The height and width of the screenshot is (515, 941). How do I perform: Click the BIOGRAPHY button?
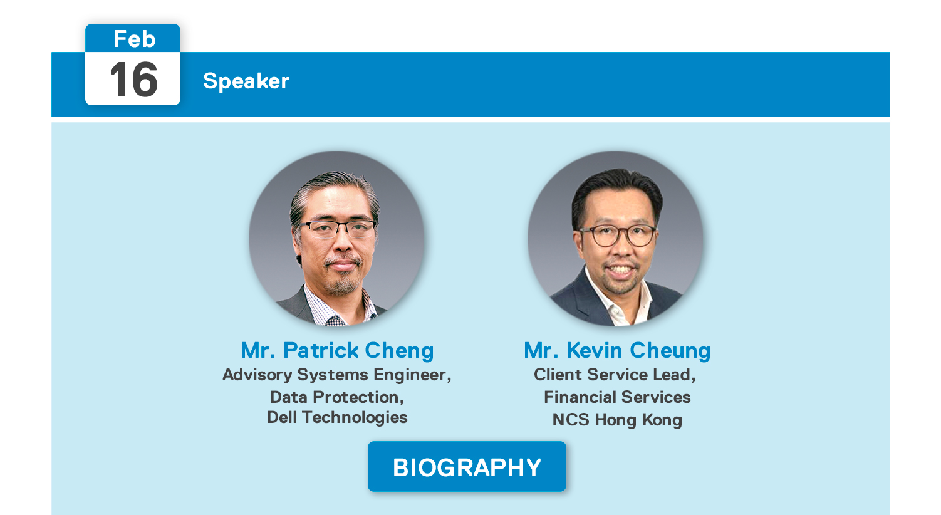tap(467, 467)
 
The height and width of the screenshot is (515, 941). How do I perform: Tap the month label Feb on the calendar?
tap(134, 39)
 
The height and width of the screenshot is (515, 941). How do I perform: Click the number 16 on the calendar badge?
tap(133, 80)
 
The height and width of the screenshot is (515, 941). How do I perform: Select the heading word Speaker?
tap(246, 81)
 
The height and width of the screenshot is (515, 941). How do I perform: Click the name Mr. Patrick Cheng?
tap(337, 350)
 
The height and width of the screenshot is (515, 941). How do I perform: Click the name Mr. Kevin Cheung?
tap(617, 350)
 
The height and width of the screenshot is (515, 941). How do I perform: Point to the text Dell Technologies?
tap(337, 417)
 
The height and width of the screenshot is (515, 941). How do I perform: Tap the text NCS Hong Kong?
tap(617, 419)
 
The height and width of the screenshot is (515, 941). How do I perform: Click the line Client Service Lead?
tap(615, 375)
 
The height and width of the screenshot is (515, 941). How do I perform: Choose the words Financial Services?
tap(617, 397)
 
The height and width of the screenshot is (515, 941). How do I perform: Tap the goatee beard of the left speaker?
tap(341, 285)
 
